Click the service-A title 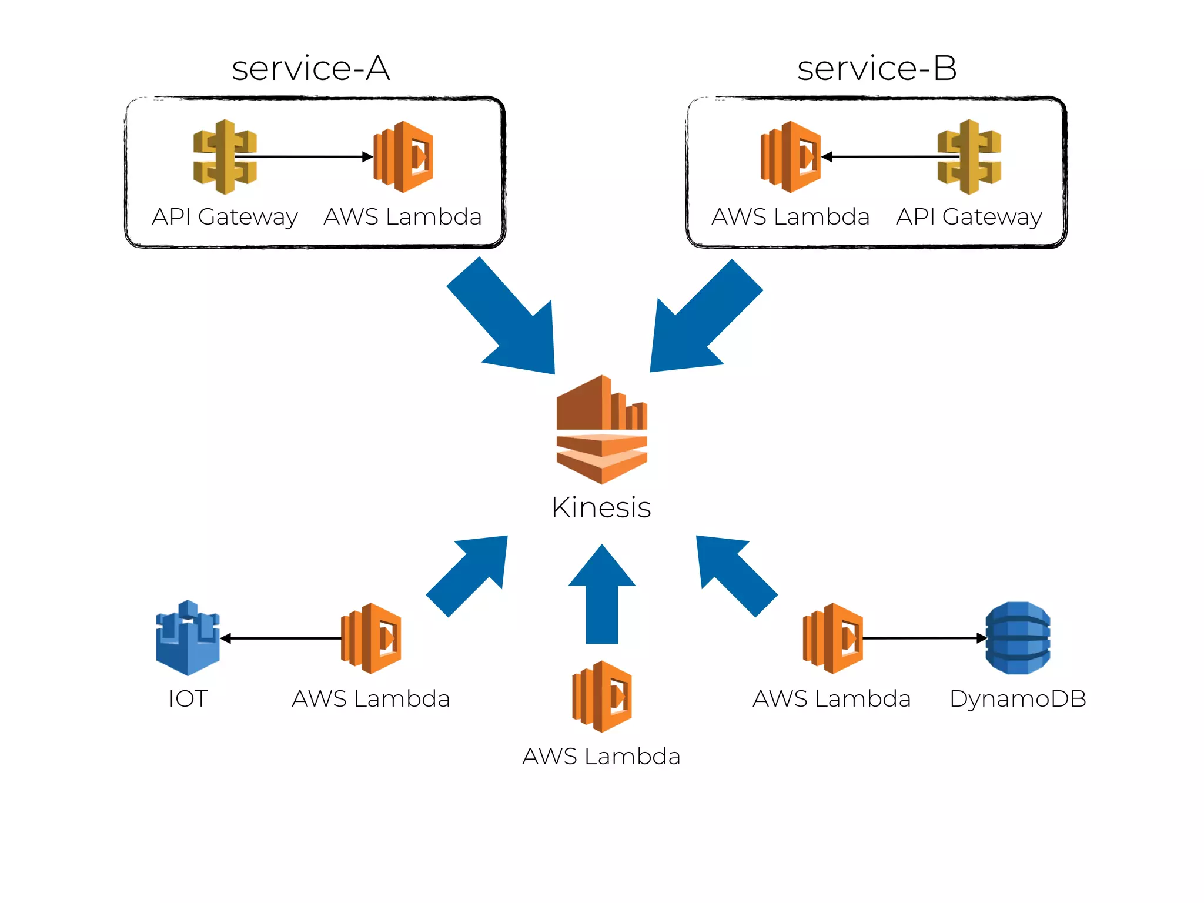(x=310, y=68)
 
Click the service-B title (x=877, y=68)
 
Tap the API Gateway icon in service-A (x=225, y=157)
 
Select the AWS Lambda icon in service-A (x=404, y=157)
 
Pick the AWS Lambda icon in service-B (x=791, y=157)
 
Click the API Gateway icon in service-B (x=969, y=157)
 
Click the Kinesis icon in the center (x=601, y=430)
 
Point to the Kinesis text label (x=601, y=507)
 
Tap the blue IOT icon (x=188, y=638)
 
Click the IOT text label (x=188, y=699)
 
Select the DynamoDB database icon (x=1018, y=638)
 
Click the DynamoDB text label (x=1018, y=699)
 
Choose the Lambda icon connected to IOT (x=372, y=638)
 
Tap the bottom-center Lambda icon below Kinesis (x=603, y=697)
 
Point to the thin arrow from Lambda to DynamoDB (x=923, y=638)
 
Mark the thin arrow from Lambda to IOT (x=281, y=638)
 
